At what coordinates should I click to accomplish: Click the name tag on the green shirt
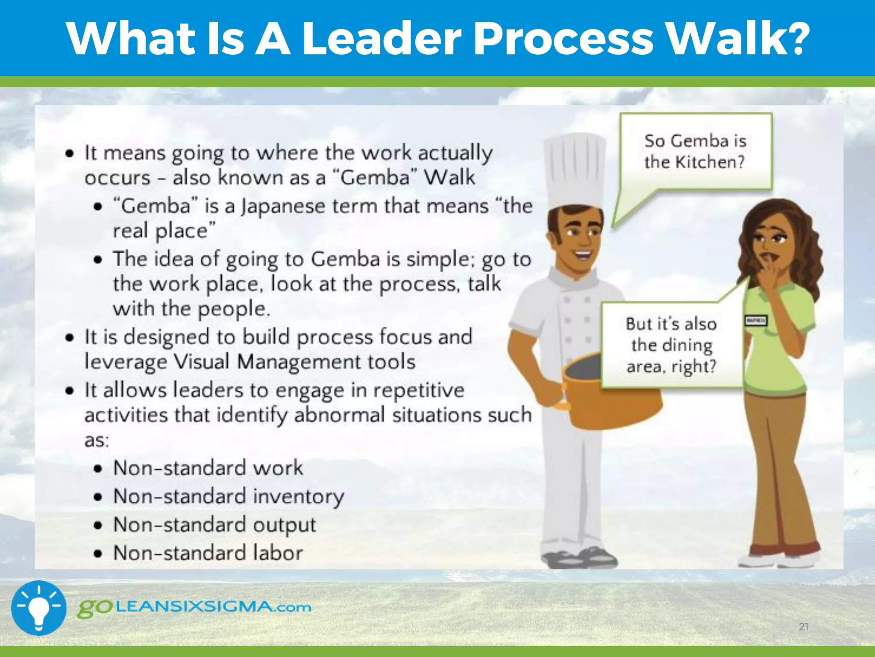click(756, 320)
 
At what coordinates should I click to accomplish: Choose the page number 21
click(804, 627)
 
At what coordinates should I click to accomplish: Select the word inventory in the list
click(299, 497)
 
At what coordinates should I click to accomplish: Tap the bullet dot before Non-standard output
click(98, 525)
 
